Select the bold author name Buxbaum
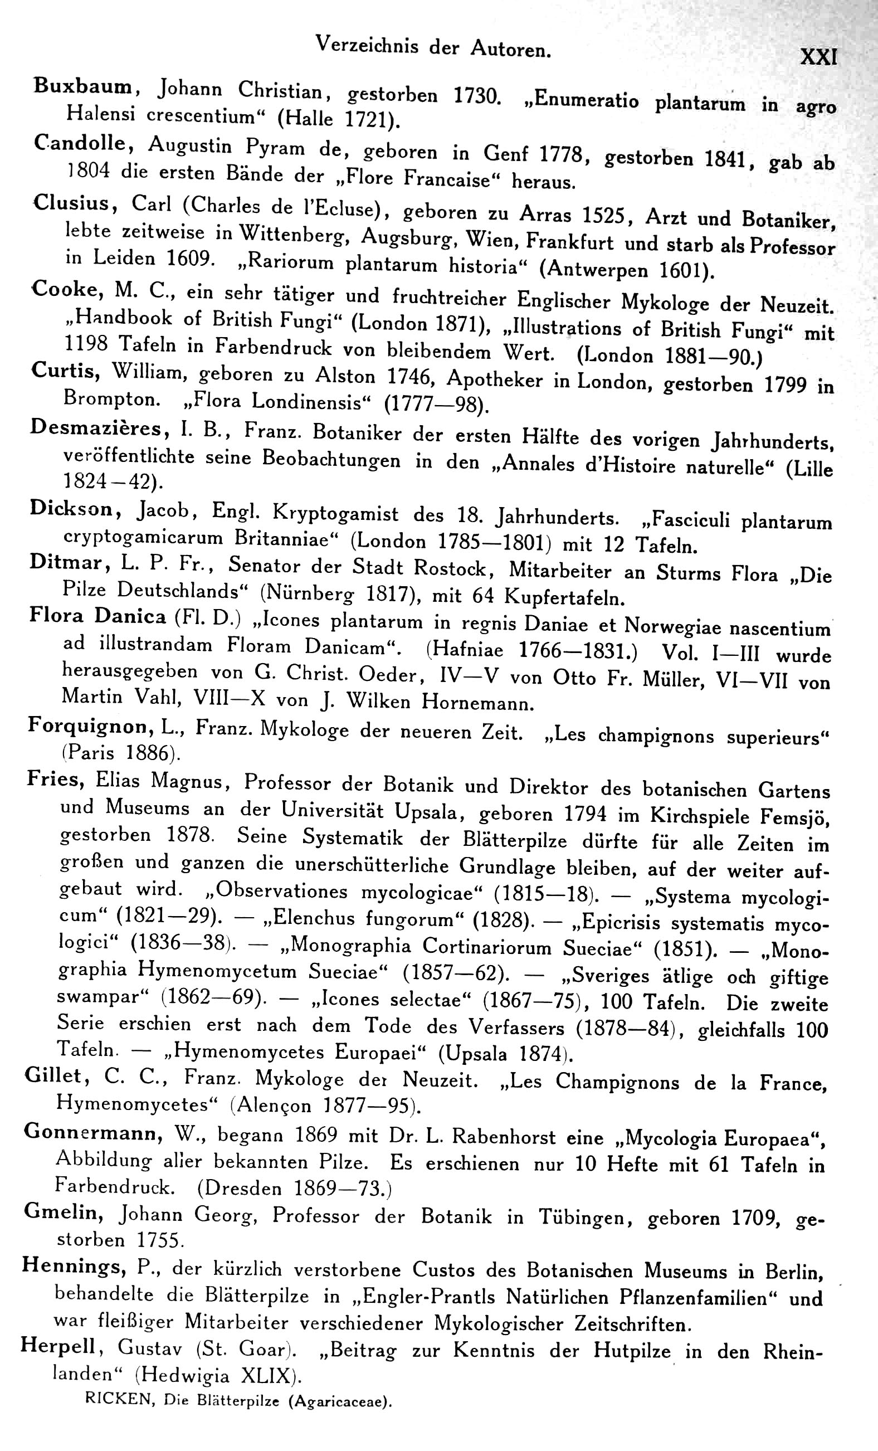point(86,86)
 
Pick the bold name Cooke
point(65,289)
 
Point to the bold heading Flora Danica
point(97,616)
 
